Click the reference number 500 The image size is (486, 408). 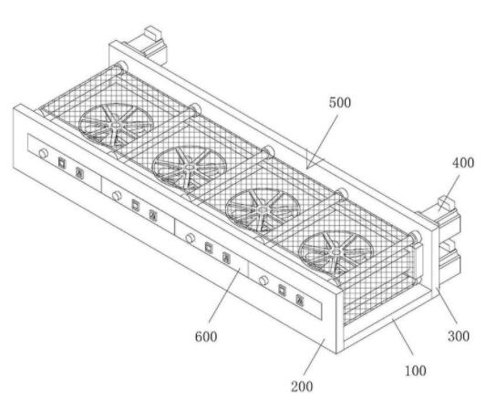[340, 103]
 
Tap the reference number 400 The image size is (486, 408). [463, 163]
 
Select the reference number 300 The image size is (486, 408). [459, 336]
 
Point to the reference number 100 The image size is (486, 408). [415, 371]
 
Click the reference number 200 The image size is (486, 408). [302, 386]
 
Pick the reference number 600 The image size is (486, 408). [206, 336]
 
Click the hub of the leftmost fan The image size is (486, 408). [116, 125]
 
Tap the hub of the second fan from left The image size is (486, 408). [190, 168]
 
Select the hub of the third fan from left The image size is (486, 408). [263, 209]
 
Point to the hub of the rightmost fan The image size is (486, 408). [336, 252]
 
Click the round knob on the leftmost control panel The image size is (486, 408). [43, 153]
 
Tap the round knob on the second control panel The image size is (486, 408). [117, 196]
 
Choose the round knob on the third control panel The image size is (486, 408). [190, 238]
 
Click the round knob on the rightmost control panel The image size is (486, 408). [264, 280]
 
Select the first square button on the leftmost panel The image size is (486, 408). [62, 162]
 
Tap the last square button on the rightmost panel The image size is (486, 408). [299, 300]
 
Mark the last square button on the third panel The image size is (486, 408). [226, 258]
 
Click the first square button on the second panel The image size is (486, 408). [136, 205]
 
